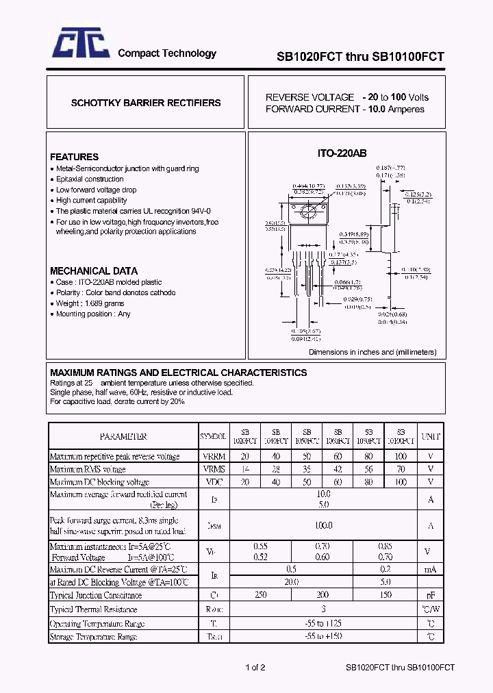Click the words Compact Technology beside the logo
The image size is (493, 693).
[167, 53]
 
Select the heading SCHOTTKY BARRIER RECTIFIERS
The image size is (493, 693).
[146, 103]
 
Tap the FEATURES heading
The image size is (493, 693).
[74, 157]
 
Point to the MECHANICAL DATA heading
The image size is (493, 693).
[94, 270]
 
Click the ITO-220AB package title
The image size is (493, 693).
[342, 155]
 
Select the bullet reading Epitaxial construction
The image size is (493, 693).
[90, 179]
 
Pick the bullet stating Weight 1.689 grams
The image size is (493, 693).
[90, 303]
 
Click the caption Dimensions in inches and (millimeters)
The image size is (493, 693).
[372, 352]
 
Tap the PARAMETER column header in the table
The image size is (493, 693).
[123, 436]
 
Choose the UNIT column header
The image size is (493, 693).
[431, 436]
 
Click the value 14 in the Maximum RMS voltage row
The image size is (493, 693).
[245, 469]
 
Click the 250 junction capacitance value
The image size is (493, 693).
[260, 595]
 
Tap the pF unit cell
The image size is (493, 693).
[431, 595]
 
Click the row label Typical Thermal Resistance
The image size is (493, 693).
[94, 609]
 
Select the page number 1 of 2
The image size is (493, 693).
[255, 668]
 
